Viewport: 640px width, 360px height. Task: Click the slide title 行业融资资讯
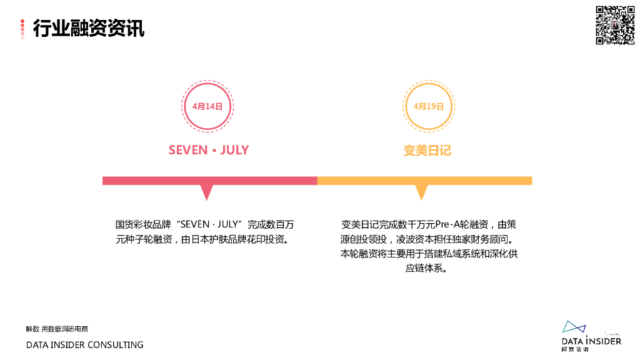(88, 28)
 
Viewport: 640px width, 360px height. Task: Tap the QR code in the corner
(614, 25)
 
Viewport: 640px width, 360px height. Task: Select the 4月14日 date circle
(207, 106)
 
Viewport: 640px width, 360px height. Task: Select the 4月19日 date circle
(429, 106)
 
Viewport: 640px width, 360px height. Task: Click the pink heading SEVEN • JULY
(208, 151)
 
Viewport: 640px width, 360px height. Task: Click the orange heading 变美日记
(427, 151)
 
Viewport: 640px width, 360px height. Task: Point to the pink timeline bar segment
(209, 181)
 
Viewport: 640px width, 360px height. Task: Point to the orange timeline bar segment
(425, 181)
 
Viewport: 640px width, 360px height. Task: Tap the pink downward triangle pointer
(206, 191)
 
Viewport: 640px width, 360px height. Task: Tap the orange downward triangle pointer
(422, 191)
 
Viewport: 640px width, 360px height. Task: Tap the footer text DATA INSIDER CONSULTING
(84, 345)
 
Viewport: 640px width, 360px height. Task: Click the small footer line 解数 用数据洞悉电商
(57, 329)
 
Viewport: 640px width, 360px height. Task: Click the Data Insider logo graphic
(573, 328)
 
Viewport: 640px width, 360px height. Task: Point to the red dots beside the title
(22, 29)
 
